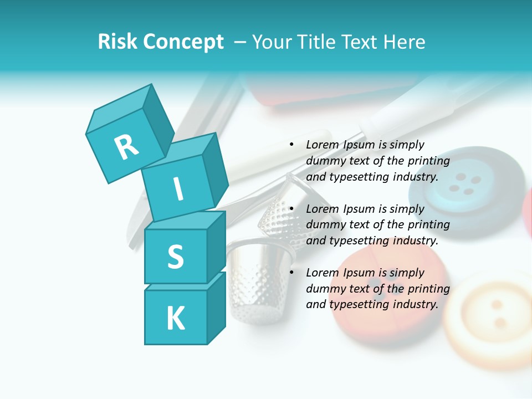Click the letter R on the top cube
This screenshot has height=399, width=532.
pyautogui.click(x=126, y=147)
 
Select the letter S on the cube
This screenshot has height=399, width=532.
pyautogui.click(x=175, y=257)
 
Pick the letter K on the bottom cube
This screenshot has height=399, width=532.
pyautogui.click(x=175, y=319)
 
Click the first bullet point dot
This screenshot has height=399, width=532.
pyautogui.click(x=291, y=145)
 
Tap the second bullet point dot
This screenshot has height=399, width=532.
pyautogui.click(x=291, y=209)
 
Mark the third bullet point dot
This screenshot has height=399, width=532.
pyautogui.click(x=291, y=273)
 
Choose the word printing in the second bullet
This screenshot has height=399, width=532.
pyautogui.click(x=428, y=224)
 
